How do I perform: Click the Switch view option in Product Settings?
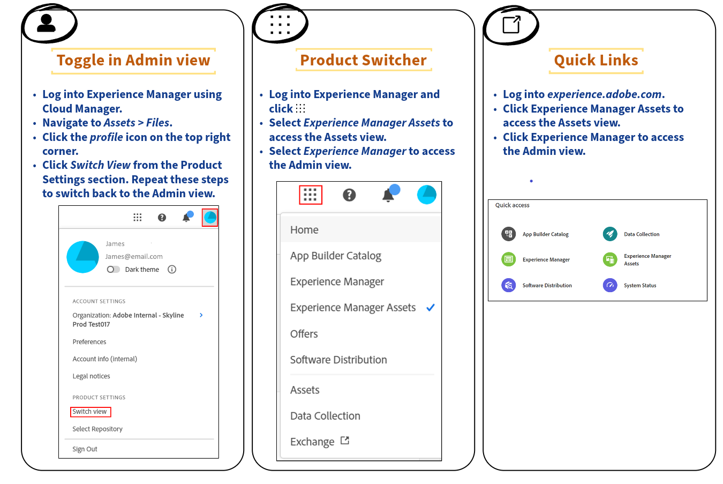click(89, 412)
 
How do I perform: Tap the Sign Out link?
click(85, 449)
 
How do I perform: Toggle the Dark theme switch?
click(114, 270)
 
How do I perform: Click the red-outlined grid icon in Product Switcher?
click(310, 195)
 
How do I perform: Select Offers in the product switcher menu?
click(304, 334)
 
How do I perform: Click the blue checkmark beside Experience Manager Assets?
click(431, 308)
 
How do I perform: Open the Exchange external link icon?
click(345, 441)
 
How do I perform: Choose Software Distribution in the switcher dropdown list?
click(338, 360)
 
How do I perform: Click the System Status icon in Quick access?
click(610, 285)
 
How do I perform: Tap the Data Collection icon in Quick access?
click(610, 234)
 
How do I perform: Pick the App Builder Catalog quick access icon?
click(509, 234)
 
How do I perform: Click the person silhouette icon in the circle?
click(46, 23)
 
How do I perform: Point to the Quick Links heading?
click(596, 61)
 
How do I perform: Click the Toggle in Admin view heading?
click(133, 61)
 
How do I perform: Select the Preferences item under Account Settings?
click(89, 342)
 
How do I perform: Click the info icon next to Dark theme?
click(172, 270)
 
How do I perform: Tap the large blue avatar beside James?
click(82, 257)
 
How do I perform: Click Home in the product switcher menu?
click(304, 230)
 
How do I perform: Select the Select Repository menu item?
click(97, 429)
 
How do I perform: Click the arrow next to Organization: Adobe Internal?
click(201, 315)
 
